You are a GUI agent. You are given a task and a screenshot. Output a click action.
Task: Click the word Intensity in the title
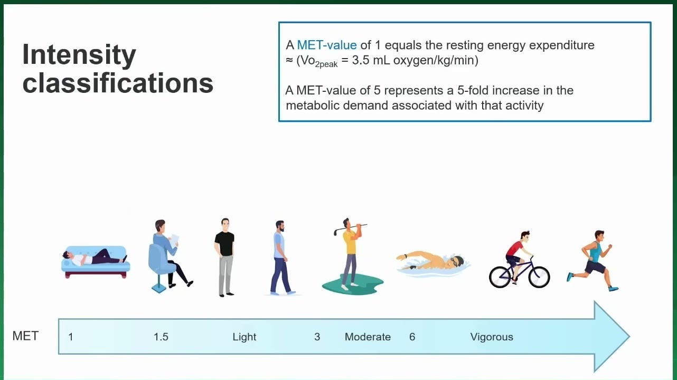coord(79,55)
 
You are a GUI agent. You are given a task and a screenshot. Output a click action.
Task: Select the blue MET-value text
coord(327,45)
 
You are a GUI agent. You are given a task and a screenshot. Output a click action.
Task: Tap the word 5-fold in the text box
coord(473,90)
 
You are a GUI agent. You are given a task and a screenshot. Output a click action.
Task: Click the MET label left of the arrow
coord(25,336)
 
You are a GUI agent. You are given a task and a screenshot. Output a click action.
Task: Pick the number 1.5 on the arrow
coord(161,337)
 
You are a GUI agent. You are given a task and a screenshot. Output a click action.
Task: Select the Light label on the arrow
coord(244,337)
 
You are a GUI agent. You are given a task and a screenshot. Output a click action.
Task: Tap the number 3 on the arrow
coord(317,337)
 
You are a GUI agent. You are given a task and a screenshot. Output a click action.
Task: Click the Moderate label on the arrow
coord(368,337)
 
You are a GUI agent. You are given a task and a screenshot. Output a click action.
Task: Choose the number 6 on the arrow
coord(412,337)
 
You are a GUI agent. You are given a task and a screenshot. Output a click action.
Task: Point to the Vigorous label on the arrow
coord(492,337)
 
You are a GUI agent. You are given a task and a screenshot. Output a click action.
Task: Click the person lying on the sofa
coord(95,258)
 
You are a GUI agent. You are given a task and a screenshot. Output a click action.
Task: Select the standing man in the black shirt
coord(224,257)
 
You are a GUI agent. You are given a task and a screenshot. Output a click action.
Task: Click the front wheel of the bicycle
coord(539,277)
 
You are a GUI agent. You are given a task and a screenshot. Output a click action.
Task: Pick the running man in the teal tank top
coord(593,260)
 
